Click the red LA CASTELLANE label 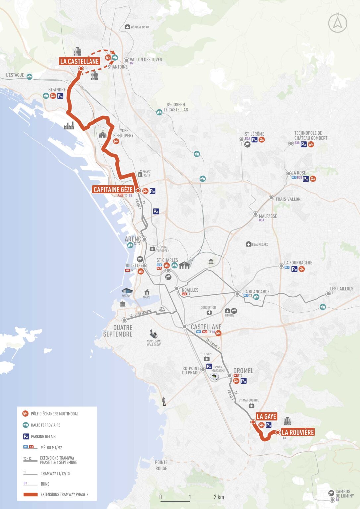click(x=80, y=61)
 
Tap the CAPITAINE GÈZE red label click(x=113, y=190)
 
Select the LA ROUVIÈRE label click(x=298, y=432)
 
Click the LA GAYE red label click(x=266, y=417)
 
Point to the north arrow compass click(x=337, y=23)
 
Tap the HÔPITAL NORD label click(x=140, y=27)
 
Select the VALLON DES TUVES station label click(x=146, y=60)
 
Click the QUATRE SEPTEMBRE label click(x=118, y=331)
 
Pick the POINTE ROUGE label click(x=161, y=465)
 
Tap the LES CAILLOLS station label click(x=341, y=289)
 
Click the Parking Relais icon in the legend click(x=26, y=436)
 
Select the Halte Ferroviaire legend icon click(x=26, y=425)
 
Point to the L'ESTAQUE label click(x=15, y=75)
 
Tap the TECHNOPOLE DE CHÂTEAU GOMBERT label click(x=310, y=135)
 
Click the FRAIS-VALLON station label click(x=288, y=199)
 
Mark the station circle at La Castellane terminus click(x=81, y=69)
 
